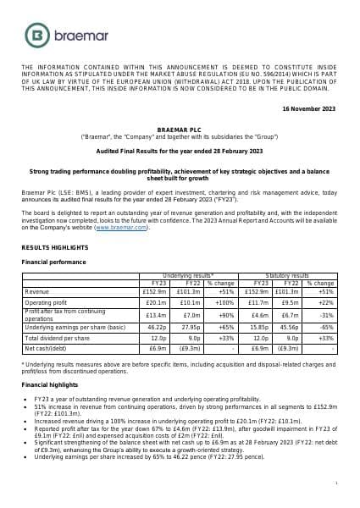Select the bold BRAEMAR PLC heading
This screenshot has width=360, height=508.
tap(180, 128)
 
